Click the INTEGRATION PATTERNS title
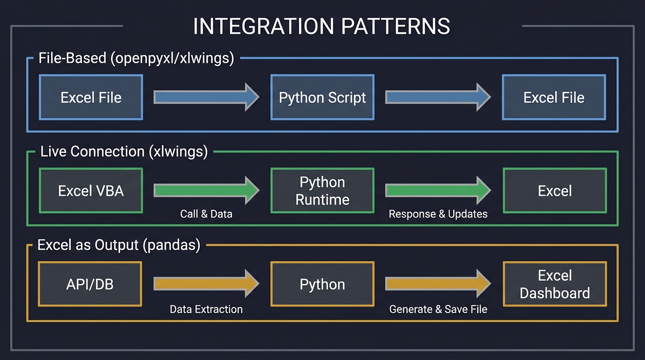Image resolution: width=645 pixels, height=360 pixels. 322,27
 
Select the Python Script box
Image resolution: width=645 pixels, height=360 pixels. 322,97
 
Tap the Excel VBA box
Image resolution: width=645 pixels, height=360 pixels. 91,191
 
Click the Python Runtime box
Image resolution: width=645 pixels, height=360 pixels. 322,191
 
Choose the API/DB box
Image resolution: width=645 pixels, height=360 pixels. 90,284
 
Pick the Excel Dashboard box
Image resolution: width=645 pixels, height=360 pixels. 555,284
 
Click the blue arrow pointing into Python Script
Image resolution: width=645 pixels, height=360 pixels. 206,97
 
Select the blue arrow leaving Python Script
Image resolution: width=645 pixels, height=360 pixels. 438,97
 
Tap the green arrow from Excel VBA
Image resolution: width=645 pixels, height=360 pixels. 206,190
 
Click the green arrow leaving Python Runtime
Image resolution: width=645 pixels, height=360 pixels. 438,190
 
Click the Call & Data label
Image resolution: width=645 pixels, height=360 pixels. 206,214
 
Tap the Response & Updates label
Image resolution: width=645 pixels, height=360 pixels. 438,214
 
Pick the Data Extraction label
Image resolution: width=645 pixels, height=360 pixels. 206,309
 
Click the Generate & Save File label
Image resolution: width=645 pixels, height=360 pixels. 438,309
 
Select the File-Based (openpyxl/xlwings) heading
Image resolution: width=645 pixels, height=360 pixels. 136,59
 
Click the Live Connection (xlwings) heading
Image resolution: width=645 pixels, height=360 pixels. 124,152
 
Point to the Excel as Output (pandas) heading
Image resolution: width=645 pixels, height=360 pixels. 119,245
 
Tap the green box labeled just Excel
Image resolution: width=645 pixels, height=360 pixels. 555,191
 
